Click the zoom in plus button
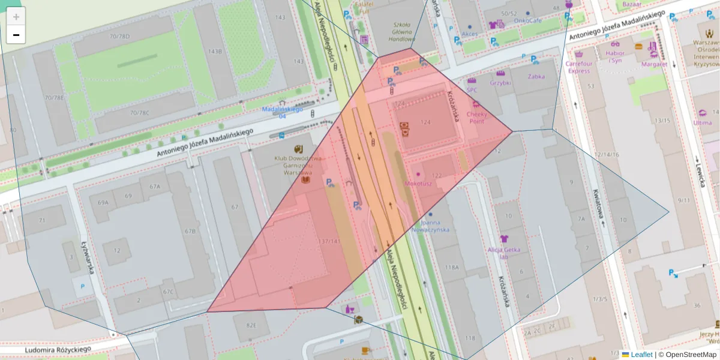(x=16, y=17)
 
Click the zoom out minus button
(x=16, y=35)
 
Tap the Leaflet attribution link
(x=641, y=355)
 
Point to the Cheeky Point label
(x=476, y=117)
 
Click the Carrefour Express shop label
(x=579, y=67)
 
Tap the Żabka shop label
(x=536, y=77)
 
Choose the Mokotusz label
(x=418, y=184)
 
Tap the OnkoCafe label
(x=528, y=20)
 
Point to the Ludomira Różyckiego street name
(x=58, y=349)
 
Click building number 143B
(x=214, y=52)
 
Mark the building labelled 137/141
(x=331, y=242)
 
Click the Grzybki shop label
(x=500, y=83)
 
